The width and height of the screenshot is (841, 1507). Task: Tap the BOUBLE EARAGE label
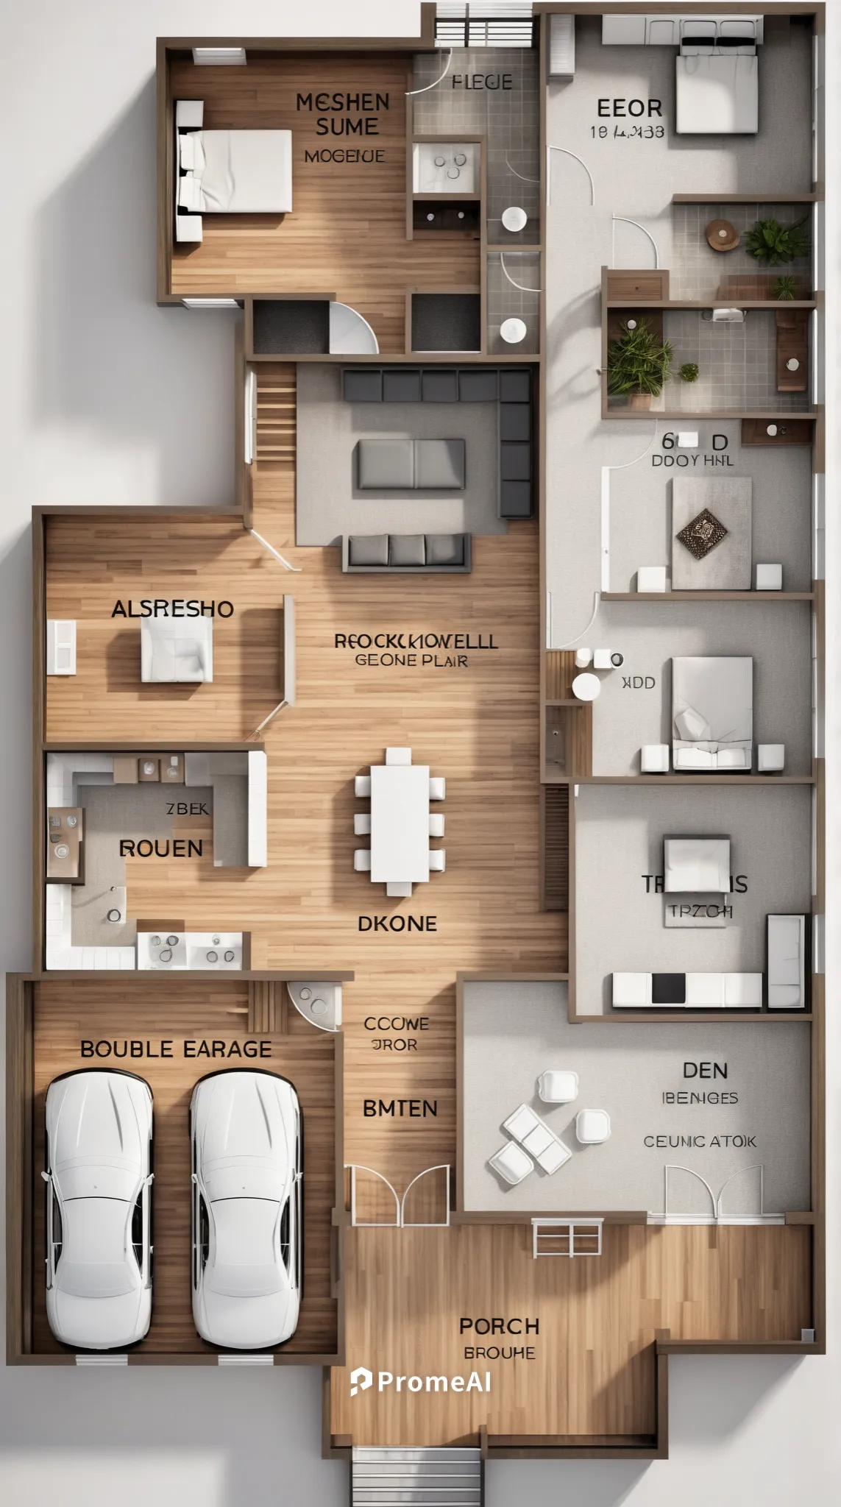point(176,1049)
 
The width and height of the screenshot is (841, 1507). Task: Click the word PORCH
point(500,1326)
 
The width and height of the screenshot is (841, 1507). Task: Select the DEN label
point(705,1070)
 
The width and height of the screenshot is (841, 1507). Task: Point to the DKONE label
point(397,923)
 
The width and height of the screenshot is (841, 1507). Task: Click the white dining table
point(400,823)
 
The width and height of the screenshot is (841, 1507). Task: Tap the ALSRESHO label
point(172,609)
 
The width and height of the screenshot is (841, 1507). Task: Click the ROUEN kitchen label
point(161,848)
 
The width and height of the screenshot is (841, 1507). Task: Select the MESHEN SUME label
point(344,114)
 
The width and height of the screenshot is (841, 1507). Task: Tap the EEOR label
point(629,108)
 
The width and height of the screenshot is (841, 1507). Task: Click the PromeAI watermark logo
point(422,1382)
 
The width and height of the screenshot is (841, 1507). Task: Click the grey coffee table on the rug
point(411,464)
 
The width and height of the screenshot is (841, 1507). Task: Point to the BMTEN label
point(400,1108)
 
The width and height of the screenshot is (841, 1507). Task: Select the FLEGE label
point(482,82)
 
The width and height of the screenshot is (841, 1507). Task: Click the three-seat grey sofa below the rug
point(406,552)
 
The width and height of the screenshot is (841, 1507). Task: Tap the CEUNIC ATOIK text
point(700,1141)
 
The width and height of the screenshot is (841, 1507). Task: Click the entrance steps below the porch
point(416,1478)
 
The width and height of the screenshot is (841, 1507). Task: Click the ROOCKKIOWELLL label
point(416,641)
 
